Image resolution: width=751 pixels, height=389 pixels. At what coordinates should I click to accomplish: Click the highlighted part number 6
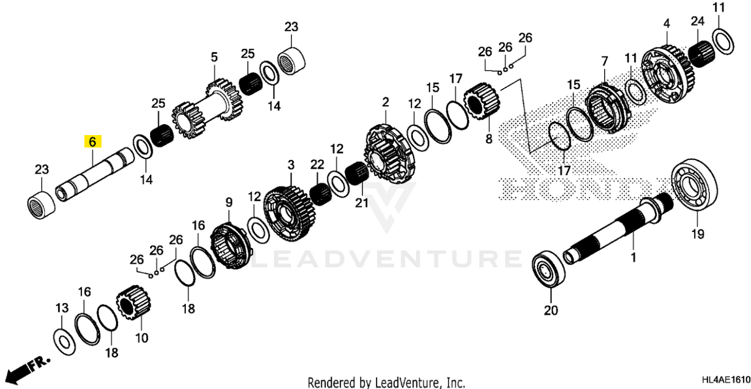pyautogui.click(x=92, y=142)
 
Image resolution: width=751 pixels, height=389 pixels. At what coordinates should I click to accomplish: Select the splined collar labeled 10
pyautogui.click(x=134, y=305)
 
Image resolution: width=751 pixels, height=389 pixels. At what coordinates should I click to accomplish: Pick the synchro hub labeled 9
pyautogui.click(x=232, y=248)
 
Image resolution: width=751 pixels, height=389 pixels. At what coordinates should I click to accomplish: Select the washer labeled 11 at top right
pyautogui.click(x=721, y=41)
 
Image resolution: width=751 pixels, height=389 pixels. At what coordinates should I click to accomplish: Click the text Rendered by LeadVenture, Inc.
pyautogui.click(x=386, y=382)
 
